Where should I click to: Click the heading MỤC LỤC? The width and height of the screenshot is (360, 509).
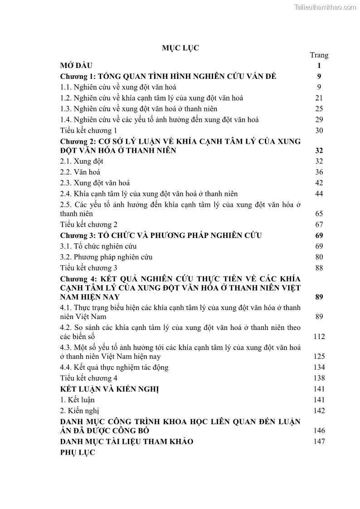coord(180,48)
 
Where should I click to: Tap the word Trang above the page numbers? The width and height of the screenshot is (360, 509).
coord(319,55)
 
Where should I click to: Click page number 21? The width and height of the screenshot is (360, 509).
coord(319,98)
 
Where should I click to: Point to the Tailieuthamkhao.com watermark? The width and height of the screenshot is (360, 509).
coord(325,7)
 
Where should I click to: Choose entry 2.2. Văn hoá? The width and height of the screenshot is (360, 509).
coord(80,172)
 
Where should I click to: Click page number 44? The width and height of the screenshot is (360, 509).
coord(319,194)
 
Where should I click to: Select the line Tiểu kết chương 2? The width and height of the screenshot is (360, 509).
coord(89,224)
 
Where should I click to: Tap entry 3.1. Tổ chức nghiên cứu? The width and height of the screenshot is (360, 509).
coord(98,246)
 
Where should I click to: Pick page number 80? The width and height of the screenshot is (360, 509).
coord(319,257)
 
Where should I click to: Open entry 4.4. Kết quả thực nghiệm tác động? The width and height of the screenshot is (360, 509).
coord(114,367)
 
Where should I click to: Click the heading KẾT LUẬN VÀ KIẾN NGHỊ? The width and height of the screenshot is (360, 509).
coord(109,389)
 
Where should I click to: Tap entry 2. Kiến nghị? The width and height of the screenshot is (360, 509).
coord(80,411)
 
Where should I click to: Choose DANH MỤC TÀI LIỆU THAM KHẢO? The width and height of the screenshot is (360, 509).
coord(126,441)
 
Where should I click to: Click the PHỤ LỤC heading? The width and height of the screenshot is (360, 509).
coord(78,453)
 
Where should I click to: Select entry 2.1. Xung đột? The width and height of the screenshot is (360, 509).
coord(82,161)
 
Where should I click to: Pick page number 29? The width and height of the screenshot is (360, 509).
coord(319,120)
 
